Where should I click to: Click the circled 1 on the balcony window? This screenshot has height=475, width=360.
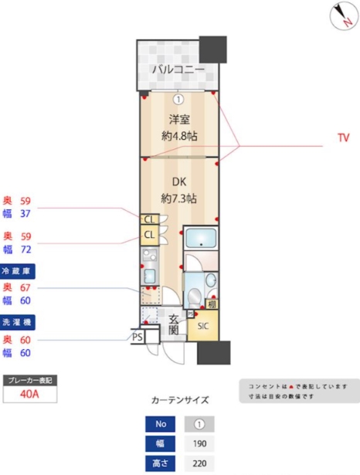tap(178, 99)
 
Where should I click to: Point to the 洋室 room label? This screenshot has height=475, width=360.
tap(178, 120)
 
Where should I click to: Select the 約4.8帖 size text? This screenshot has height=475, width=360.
tap(178, 136)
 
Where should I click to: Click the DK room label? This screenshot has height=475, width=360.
tap(178, 182)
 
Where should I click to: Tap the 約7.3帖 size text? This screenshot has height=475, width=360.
tap(178, 198)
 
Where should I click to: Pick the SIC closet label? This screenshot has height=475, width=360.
tap(203, 326)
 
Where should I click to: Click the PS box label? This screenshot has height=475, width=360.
tap(137, 337)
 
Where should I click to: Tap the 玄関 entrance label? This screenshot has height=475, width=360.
tap(174, 324)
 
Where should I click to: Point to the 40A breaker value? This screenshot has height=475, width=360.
tap(29, 395)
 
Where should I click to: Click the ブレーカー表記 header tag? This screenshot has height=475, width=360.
tap(29, 381)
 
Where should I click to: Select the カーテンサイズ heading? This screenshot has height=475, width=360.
tap(179, 401)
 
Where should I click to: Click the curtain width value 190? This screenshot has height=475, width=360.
tap(199, 444)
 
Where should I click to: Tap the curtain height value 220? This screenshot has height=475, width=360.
tap(199, 464)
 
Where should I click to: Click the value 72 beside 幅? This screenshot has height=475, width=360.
tap(25, 250)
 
